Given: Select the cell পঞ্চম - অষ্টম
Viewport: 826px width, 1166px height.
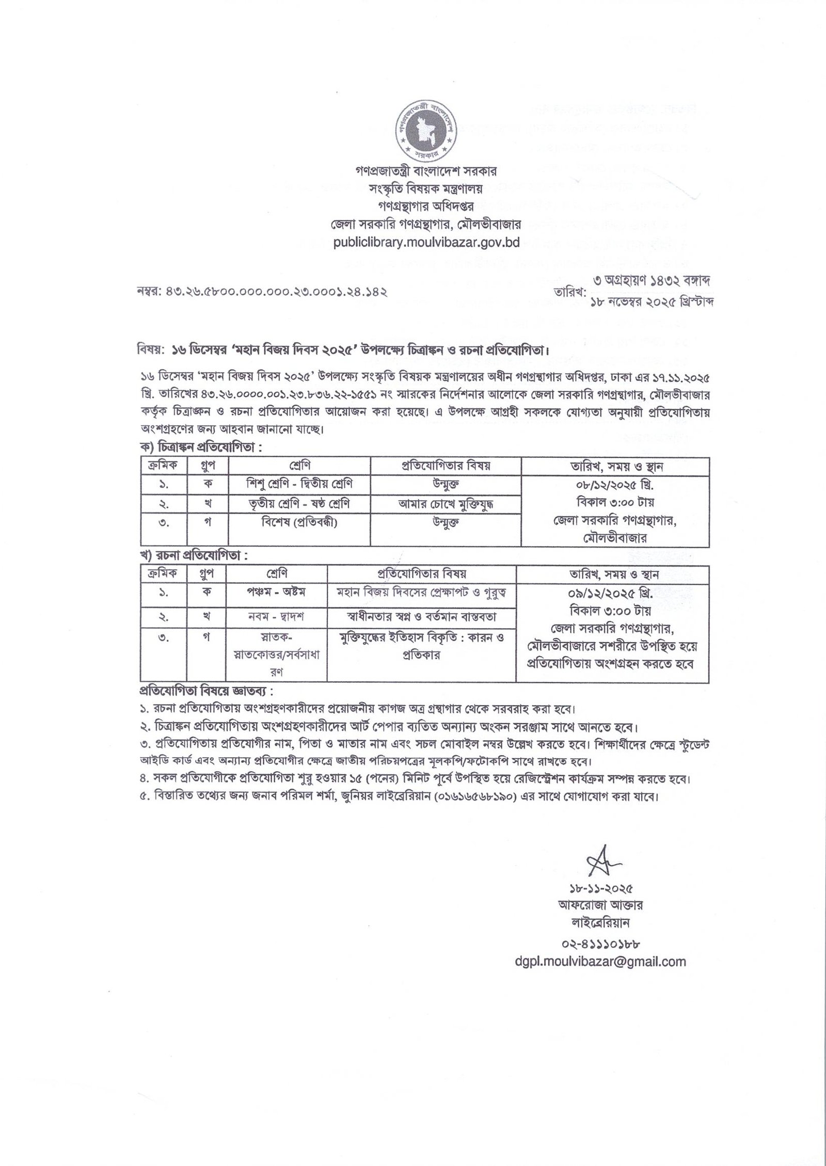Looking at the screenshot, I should coord(277,592).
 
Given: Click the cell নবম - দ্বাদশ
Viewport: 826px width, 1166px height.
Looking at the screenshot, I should coord(277,616).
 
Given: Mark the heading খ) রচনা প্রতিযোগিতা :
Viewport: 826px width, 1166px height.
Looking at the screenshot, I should coord(194,557).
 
